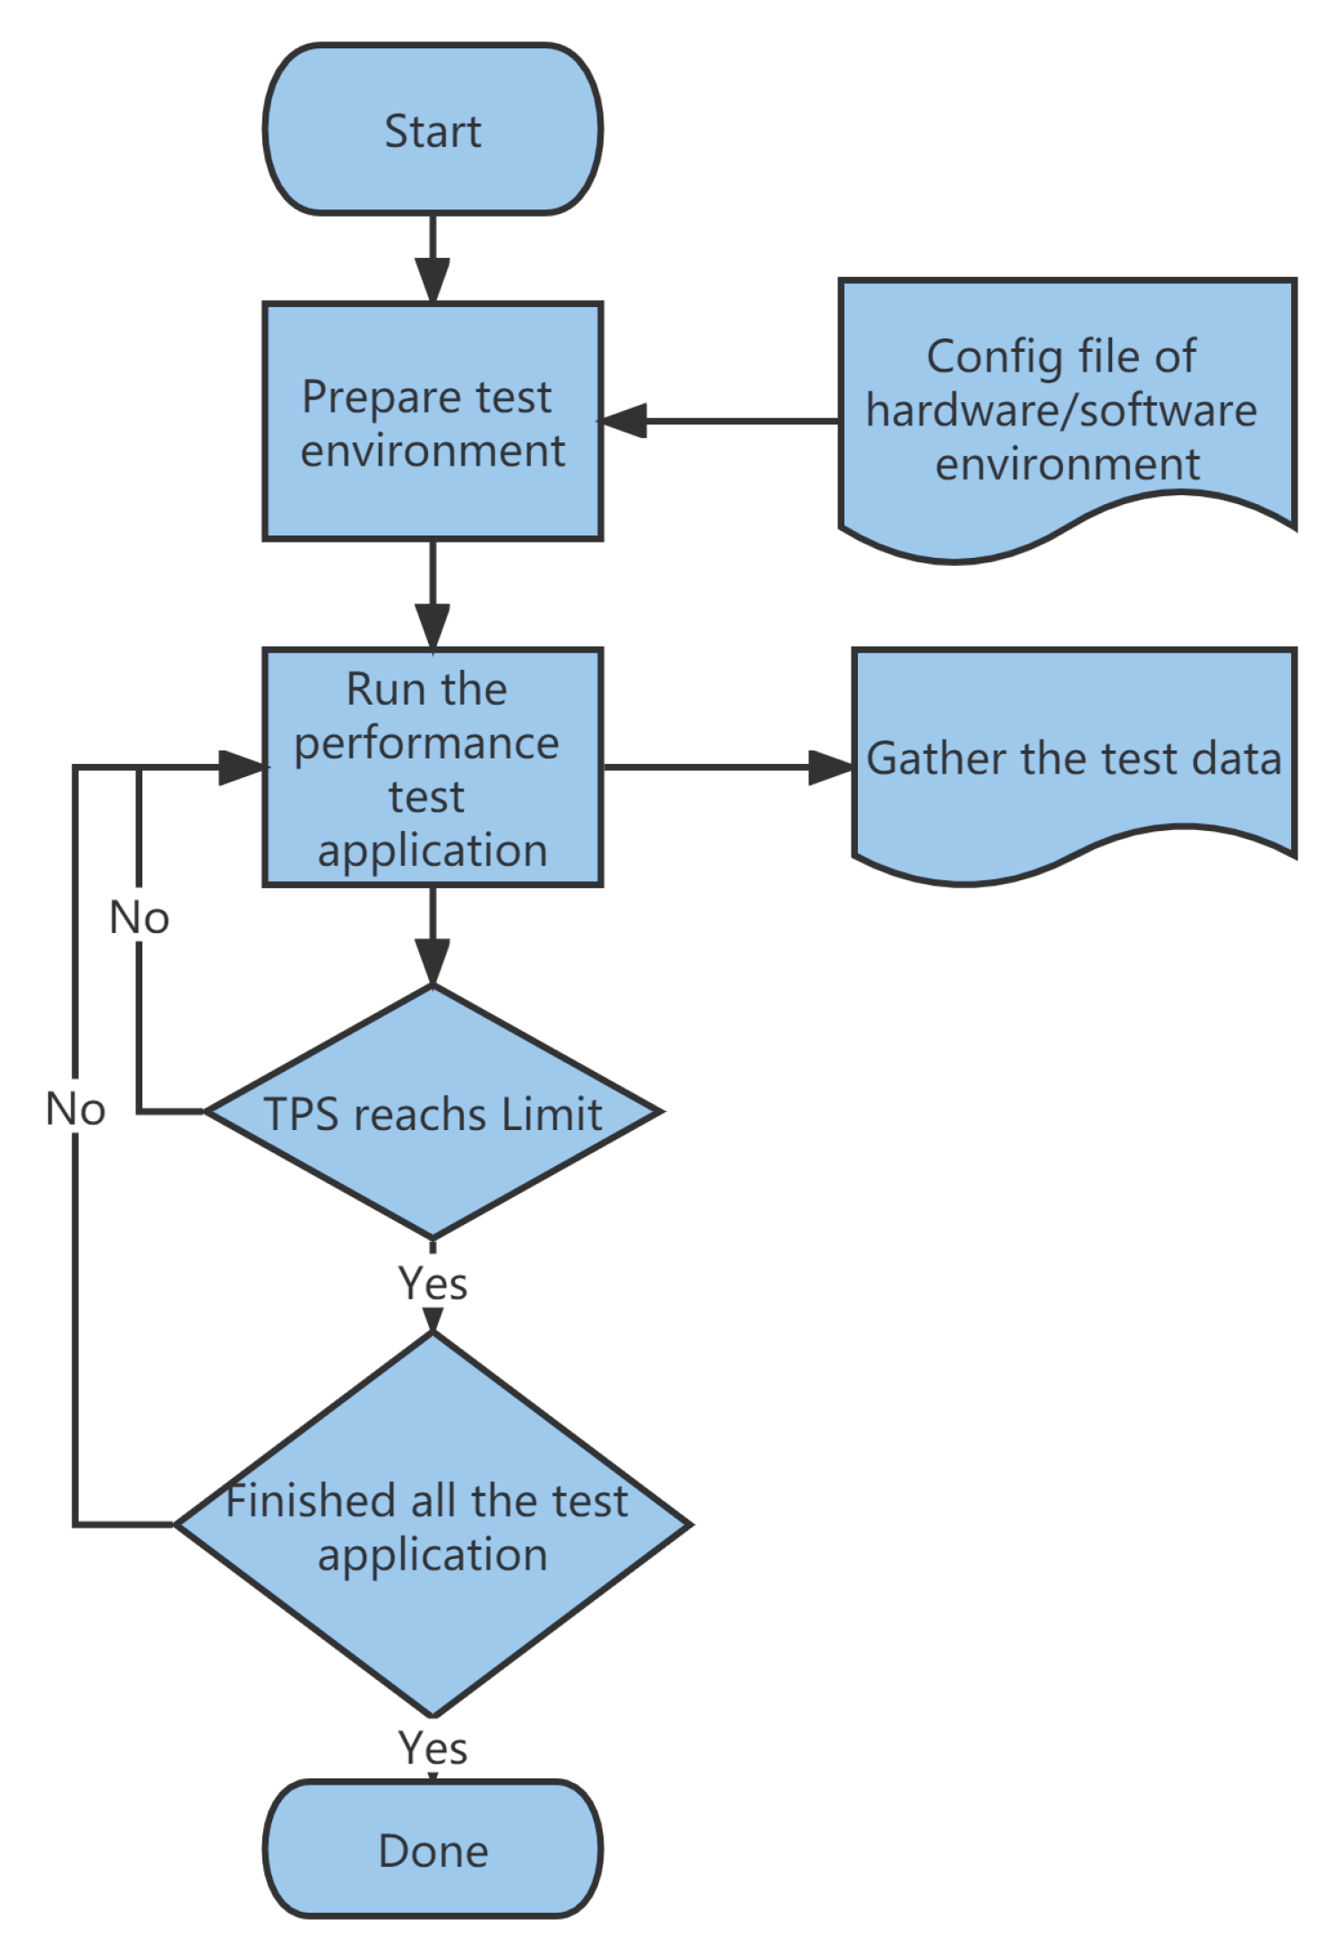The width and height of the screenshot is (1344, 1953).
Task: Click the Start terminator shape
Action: point(432,130)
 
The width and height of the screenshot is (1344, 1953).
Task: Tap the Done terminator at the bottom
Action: point(432,1850)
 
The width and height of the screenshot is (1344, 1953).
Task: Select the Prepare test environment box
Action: point(432,421)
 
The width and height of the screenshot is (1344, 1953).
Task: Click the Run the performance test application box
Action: point(432,767)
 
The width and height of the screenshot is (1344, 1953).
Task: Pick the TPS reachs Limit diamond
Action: point(432,1113)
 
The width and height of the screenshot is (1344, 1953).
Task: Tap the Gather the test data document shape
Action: point(1074,759)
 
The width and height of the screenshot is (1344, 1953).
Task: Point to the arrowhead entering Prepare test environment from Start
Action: point(432,279)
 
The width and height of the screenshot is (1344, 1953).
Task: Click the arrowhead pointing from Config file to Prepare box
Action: point(625,420)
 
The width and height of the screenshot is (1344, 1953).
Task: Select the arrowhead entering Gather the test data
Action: point(829,767)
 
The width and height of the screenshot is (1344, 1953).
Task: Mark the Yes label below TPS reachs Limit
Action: point(432,1283)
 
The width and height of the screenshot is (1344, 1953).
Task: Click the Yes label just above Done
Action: point(432,1747)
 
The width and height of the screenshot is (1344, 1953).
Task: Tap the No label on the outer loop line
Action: point(75,1109)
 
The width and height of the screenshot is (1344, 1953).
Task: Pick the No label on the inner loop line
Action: point(139,918)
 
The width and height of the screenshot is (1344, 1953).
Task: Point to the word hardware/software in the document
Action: point(1061,410)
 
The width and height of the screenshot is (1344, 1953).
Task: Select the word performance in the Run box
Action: point(427,743)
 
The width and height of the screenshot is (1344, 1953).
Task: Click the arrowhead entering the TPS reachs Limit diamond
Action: point(432,962)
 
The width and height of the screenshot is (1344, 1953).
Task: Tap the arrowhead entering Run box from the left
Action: point(242,767)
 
